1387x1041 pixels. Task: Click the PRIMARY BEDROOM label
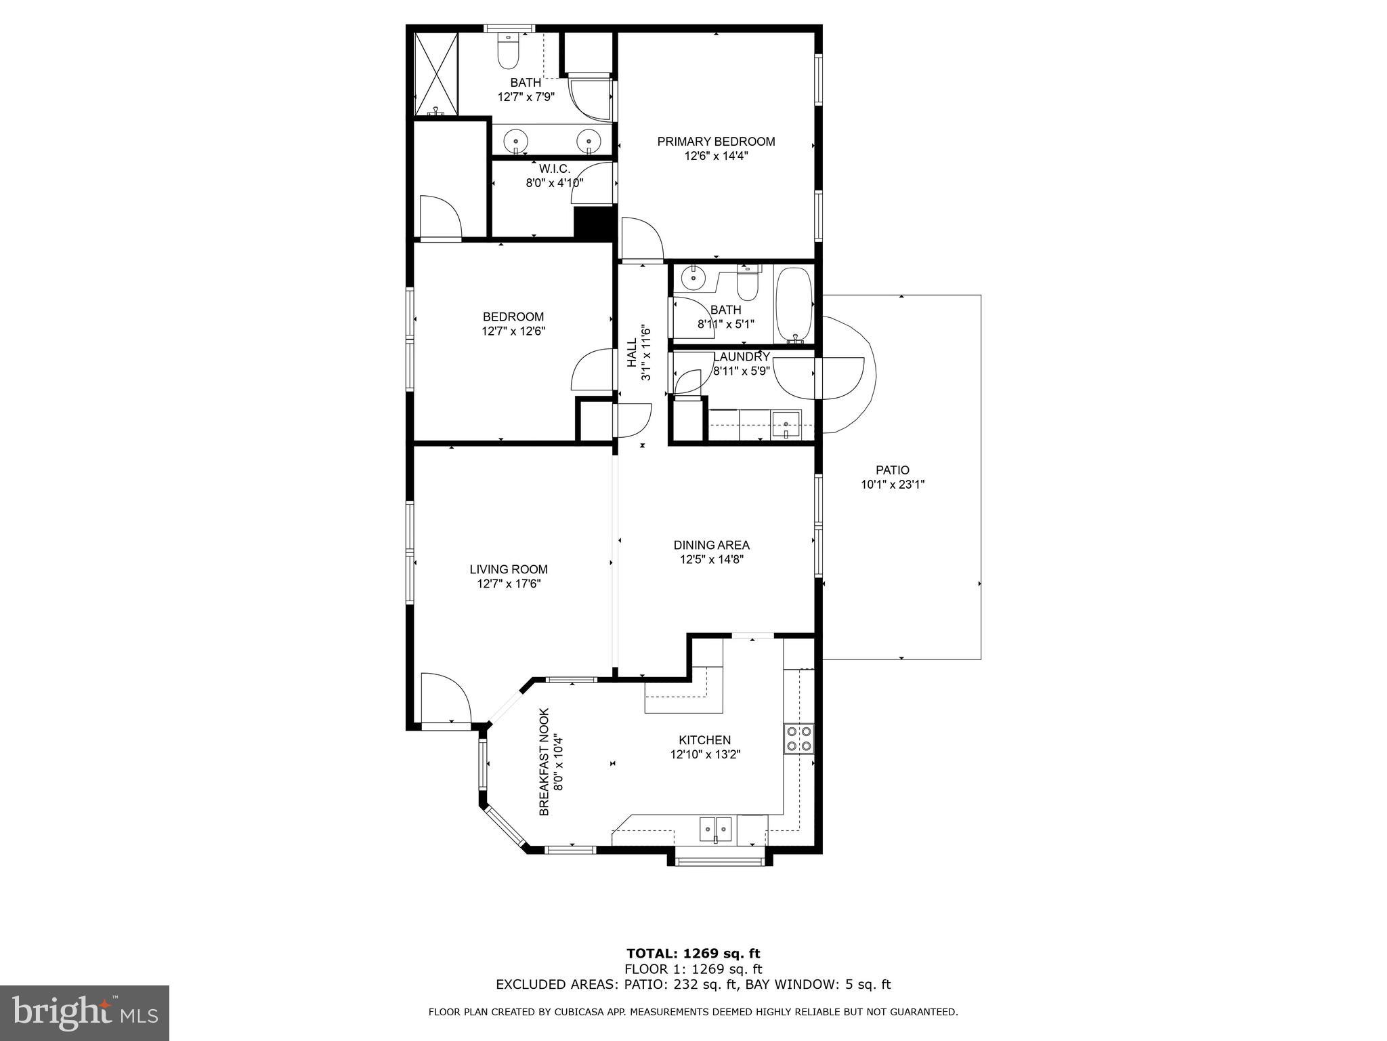click(x=716, y=142)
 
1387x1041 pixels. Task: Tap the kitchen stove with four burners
click(x=799, y=739)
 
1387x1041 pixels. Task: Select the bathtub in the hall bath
click(x=793, y=304)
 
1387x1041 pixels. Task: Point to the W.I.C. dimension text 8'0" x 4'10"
click(x=554, y=183)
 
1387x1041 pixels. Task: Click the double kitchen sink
click(x=715, y=828)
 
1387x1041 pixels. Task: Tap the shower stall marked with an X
click(x=437, y=73)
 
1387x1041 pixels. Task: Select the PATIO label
click(x=892, y=470)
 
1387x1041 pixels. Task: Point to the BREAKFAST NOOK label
click(x=544, y=762)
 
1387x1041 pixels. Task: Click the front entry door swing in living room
click(x=444, y=698)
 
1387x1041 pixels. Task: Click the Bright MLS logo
click(x=85, y=1013)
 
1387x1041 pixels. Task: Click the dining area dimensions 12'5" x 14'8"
click(x=712, y=560)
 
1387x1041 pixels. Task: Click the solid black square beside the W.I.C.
click(x=588, y=222)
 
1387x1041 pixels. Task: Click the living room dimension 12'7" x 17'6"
click(x=508, y=584)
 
